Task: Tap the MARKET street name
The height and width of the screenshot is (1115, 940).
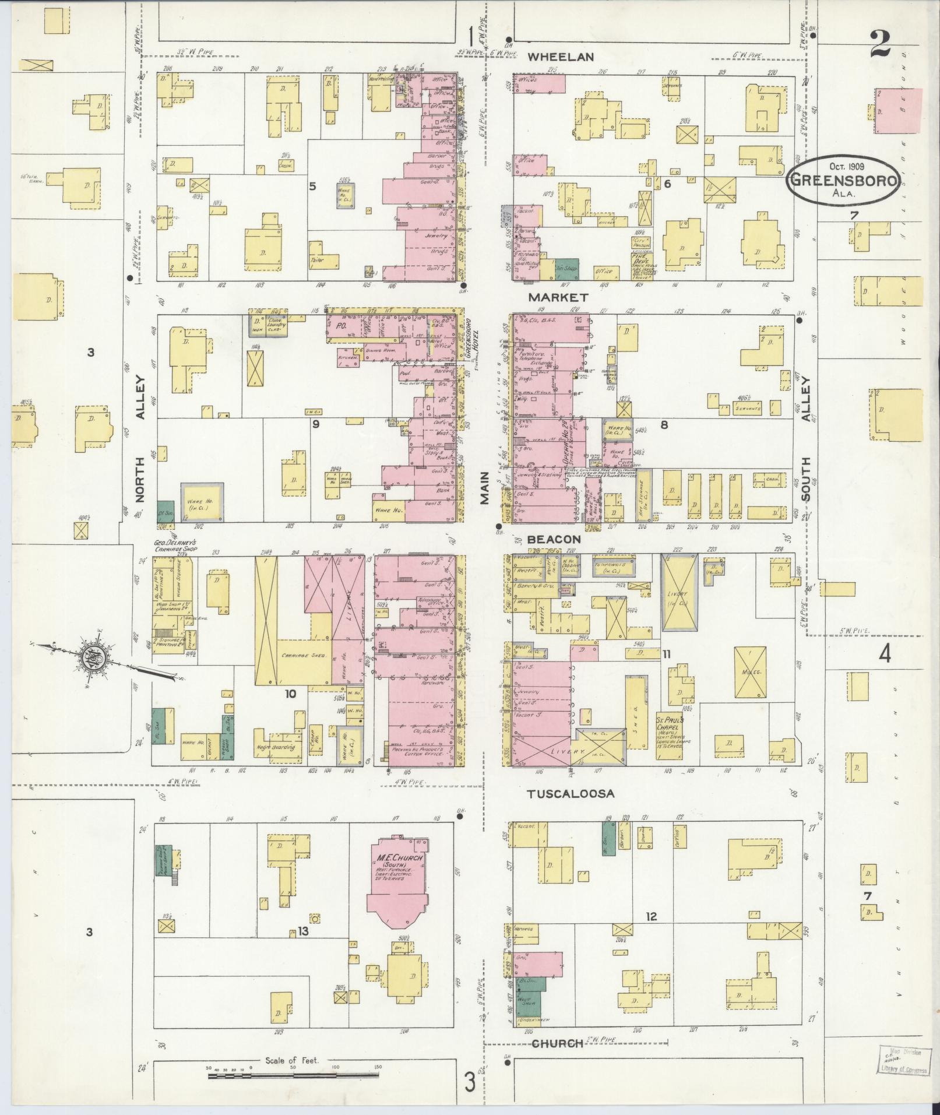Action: coord(558,297)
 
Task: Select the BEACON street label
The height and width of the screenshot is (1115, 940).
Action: coord(554,539)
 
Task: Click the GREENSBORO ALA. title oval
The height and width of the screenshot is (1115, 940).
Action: coord(842,180)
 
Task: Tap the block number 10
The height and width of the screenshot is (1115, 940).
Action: coord(290,693)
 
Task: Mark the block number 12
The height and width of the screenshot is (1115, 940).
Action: coord(651,917)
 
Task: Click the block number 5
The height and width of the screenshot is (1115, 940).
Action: coord(312,187)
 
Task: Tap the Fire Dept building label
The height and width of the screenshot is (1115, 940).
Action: coord(642,256)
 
